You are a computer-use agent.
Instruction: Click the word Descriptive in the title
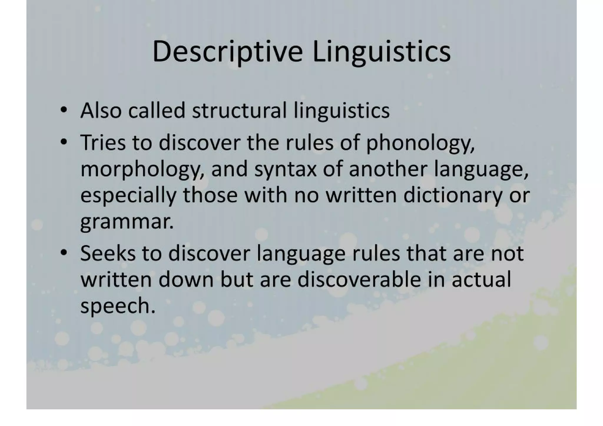(x=227, y=52)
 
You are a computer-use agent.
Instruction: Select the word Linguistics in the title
(x=381, y=52)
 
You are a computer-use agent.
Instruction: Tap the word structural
(x=239, y=111)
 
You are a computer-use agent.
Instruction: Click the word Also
(x=101, y=111)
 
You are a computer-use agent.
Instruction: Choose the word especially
(x=128, y=196)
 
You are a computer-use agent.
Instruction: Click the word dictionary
(x=453, y=196)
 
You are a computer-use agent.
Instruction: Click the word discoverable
(x=359, y=279)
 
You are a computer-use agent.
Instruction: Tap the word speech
(x=117, y=306)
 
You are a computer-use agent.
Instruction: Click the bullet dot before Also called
(x=63, y=111)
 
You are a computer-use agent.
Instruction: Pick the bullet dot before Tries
(x=63, y=143)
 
